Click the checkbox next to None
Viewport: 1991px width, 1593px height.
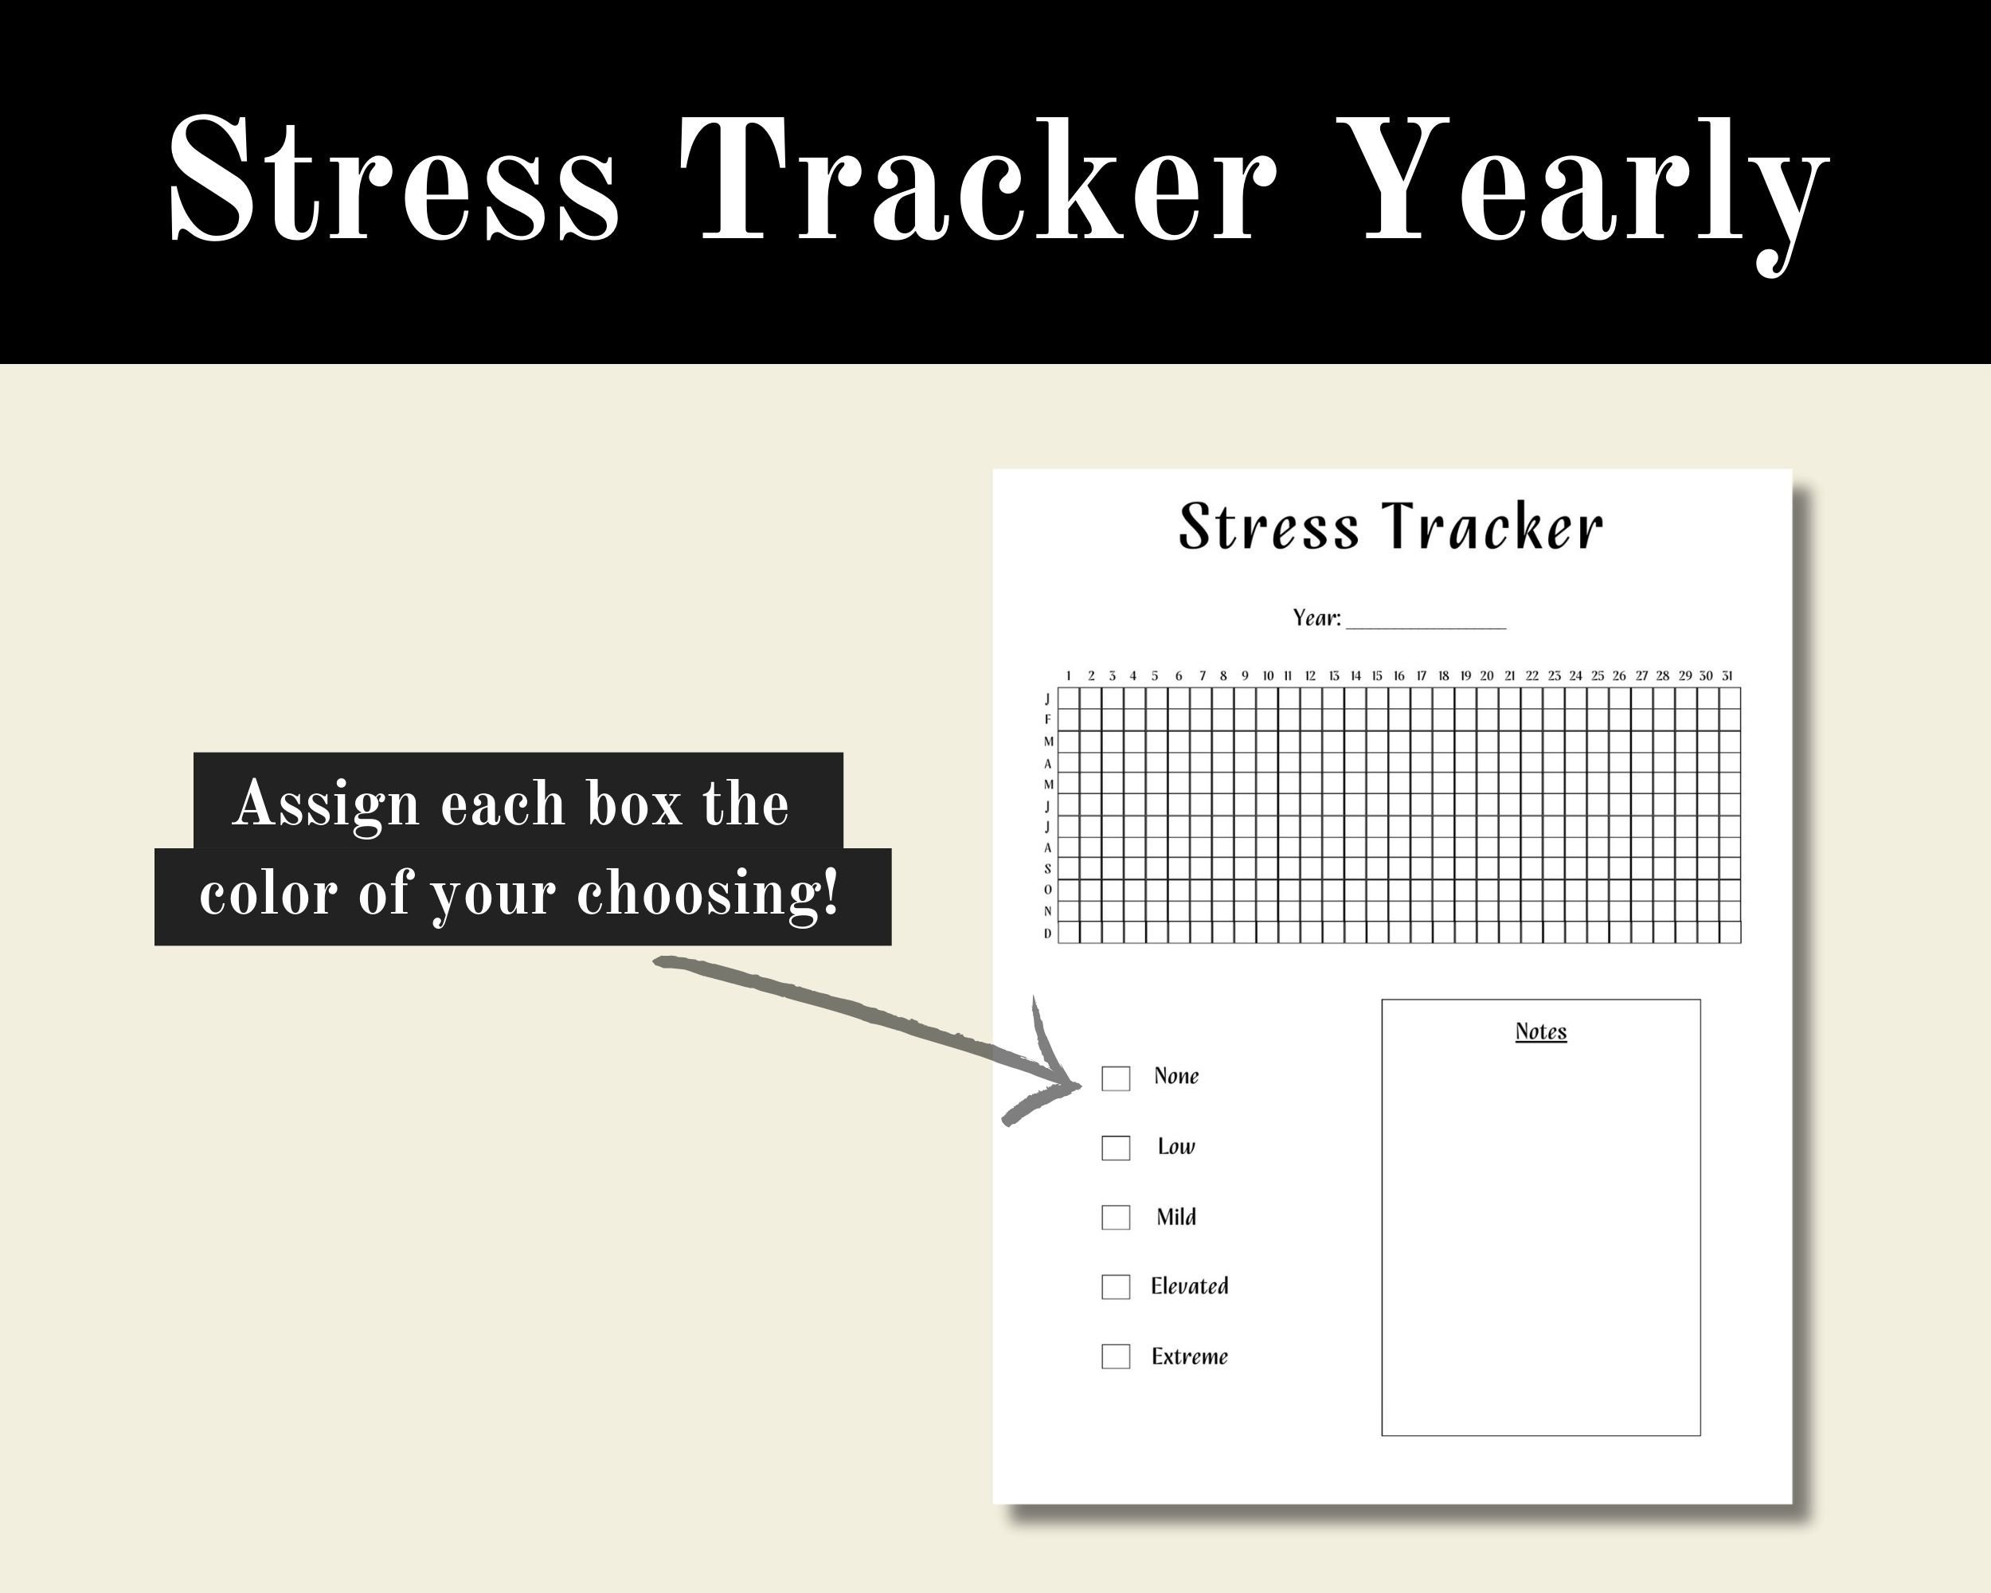tap(1116, 1078)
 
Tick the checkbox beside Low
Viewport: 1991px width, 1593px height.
tap(1116, 1148)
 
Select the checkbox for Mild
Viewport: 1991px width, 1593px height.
tap(1116, 1217)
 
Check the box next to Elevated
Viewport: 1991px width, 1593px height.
tap(1116, 1286)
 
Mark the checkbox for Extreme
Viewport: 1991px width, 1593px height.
tap(1116, 1356)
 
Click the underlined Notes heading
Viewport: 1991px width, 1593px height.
tap(1540, 1031)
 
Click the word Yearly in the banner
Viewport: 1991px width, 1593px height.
tap(1593, 185)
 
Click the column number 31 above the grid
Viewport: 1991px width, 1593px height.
tap(1727, 676)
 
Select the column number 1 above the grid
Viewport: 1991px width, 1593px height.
tap(1069, 676)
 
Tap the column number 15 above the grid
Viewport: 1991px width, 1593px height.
tap(1377, 676)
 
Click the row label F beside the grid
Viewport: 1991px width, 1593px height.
tap(1048, 719)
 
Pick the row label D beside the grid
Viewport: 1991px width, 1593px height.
tap(1048, 933)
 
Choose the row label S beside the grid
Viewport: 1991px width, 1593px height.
tap(1048, 869)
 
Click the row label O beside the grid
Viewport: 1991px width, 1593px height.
tap(1048, 890)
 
